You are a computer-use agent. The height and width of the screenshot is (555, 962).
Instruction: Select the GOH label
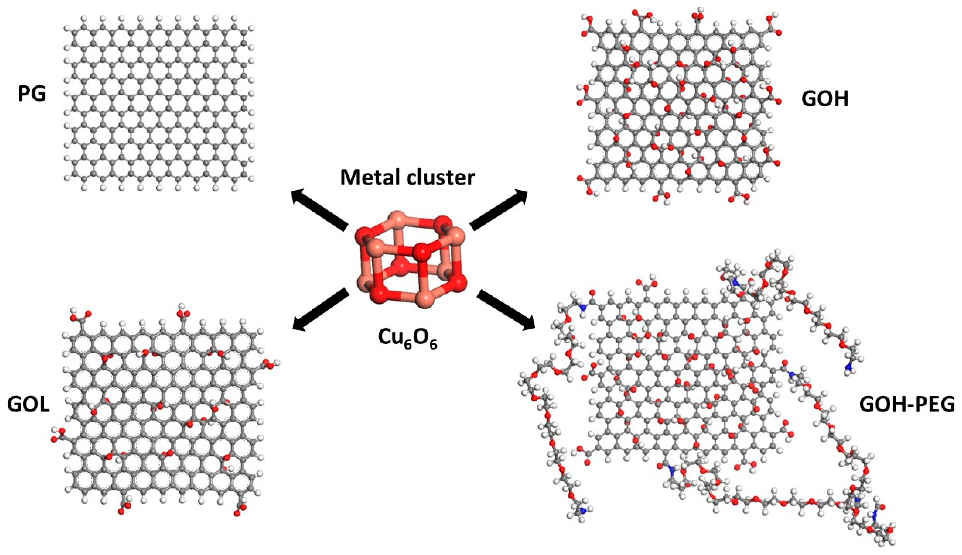825,100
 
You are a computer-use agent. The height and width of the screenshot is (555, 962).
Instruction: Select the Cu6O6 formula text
407,338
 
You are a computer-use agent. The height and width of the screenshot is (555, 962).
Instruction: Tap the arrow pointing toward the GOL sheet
320,308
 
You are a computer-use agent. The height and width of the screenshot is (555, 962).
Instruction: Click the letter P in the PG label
25,94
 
